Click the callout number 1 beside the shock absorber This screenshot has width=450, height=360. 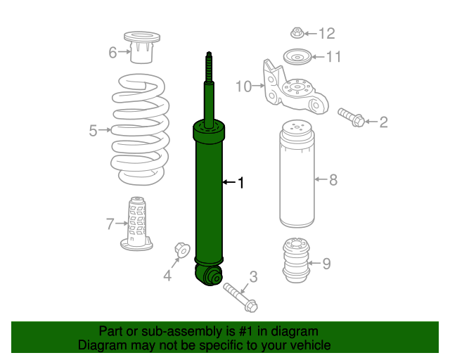pyautogui.click(x=240, y=183)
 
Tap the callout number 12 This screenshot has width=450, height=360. pyautogui.click(x=327, y=33)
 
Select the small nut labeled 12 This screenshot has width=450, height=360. pyautogui.click(x=296, y=32)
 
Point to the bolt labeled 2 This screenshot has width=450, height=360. pyautogui.click(x=352, y=117)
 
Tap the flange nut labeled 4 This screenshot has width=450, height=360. pyautogui.click(x=181, y=249)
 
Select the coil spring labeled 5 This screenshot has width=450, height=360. pyautogui.click(x=141, y=130)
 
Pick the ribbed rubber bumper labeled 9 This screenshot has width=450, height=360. pyautogui.click(x=296, y=262)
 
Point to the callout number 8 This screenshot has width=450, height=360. pyautogui.click(x=333, y=180)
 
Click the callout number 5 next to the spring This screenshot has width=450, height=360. pyautogui.click(x=93, y=130)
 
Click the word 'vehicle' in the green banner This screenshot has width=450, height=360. pyautogui.click(x=308, y=345)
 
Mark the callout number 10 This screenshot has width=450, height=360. pyautogui.click(x=243, y=86)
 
